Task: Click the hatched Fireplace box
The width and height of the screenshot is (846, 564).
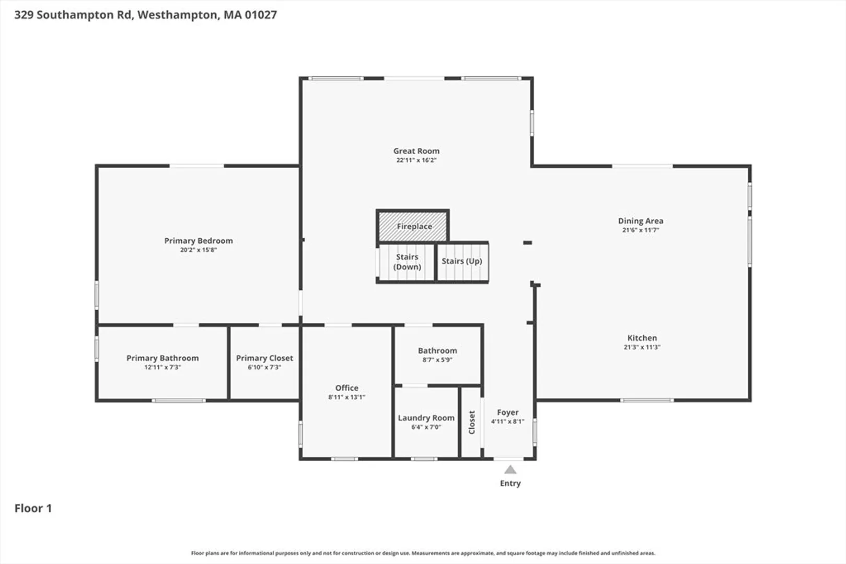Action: (413, 226)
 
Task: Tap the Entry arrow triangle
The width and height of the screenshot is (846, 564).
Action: (510, 469)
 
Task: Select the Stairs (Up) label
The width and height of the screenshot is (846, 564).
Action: (462, 261)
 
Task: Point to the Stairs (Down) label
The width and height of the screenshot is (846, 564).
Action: (407, 262)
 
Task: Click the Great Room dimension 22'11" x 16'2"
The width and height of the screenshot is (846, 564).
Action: (416, 160)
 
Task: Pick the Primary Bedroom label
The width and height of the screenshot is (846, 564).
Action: (198, 241)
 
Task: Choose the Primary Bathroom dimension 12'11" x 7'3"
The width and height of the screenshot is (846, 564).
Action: (163, 367)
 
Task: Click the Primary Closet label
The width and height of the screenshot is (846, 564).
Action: (264, 358)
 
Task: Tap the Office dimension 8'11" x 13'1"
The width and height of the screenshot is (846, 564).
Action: (347, 397)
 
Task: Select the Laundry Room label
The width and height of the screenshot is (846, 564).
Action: (426, 418)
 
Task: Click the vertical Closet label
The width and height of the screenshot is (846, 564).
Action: (472, 422)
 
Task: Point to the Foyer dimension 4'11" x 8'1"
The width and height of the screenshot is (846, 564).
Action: (507, 421)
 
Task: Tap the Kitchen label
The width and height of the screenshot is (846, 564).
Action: (642, 338)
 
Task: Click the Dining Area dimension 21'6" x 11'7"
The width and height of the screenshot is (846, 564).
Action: (641, 230)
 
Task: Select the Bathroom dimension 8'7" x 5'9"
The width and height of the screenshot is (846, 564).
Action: (437, 360)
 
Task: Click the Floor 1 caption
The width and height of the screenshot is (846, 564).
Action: (33, 508)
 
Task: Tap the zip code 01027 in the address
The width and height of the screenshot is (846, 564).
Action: (261, 15)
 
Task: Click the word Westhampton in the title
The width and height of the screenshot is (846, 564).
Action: (178, 15)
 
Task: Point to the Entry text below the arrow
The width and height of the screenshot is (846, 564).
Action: (510, 483)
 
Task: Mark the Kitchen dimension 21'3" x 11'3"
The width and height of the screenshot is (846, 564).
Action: (642, 347)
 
